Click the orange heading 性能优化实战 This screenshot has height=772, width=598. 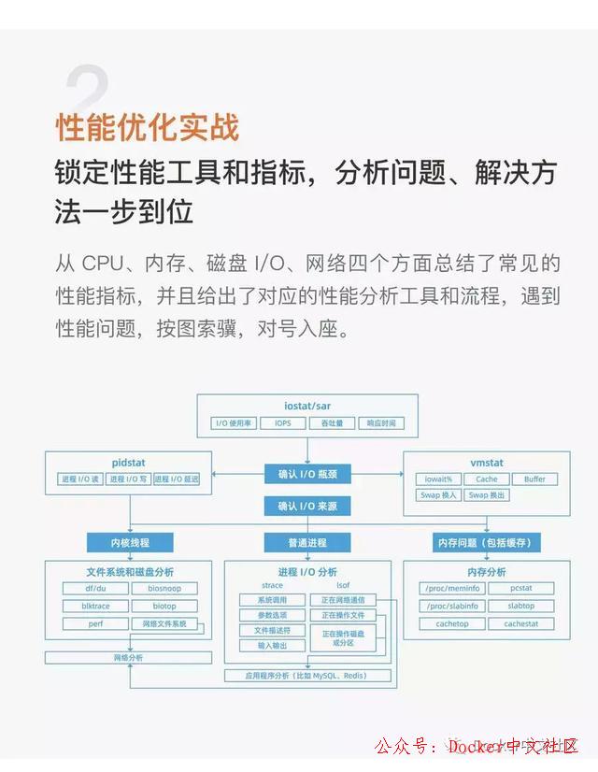[148, 127]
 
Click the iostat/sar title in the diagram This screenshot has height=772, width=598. [307, 407]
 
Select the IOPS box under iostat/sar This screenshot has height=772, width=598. [282, 423]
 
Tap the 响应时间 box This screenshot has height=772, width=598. [381, 423]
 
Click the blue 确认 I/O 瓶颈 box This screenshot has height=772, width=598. [307, 474]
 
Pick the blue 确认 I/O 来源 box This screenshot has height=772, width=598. [307, 506]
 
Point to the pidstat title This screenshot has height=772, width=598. [128, 463]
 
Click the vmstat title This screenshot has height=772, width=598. [487, 463]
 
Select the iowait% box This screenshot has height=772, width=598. [438, 479]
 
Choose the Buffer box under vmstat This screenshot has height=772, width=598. [534, 479]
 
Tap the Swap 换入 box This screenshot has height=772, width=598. [438, 495]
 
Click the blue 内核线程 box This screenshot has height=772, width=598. [130, 542]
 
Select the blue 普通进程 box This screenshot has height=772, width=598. [307, 542]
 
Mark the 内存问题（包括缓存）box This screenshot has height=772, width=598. [486, 542]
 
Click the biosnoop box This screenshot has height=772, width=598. [164, 589]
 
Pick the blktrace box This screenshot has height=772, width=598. [90, 606]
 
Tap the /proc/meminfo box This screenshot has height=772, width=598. [451, 589]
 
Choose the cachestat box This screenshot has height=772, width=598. [521, 623]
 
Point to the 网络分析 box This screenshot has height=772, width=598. [129, 658]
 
